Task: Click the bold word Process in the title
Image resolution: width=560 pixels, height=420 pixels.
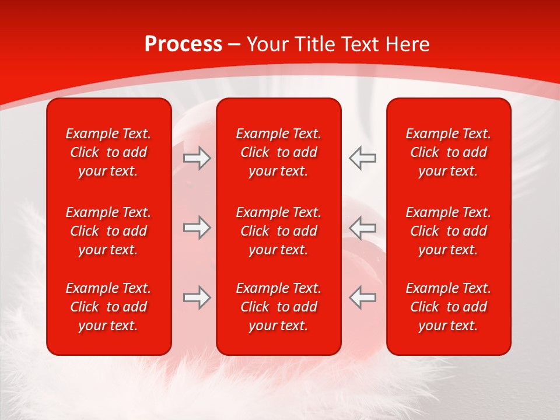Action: (183, 44)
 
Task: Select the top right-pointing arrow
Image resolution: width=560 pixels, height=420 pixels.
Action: (197, 158)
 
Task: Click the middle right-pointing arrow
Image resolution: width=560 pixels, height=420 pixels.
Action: (197, 228)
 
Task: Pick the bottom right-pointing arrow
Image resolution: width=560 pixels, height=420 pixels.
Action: (197, 297)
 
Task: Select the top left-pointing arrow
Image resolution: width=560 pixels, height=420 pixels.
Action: (363, 158)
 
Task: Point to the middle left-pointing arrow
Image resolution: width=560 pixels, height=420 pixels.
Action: (363, 228)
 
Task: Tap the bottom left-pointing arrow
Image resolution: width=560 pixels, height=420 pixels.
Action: (363, 297)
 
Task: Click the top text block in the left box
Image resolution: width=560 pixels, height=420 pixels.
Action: (108, 152)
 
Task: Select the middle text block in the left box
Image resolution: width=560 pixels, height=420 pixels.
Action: (108, 231)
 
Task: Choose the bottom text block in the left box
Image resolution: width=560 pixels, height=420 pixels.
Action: (108, 307)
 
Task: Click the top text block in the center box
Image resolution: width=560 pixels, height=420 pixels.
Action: (279, 152)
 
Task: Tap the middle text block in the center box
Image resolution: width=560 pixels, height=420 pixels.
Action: (279, 231)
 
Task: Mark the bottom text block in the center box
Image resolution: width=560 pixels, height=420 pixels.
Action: (279, 307)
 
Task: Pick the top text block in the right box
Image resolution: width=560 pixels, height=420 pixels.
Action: (449, 152)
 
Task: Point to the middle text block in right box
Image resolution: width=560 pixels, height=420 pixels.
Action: (449, 231)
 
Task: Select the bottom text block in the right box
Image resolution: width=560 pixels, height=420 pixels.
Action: (449, 307)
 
